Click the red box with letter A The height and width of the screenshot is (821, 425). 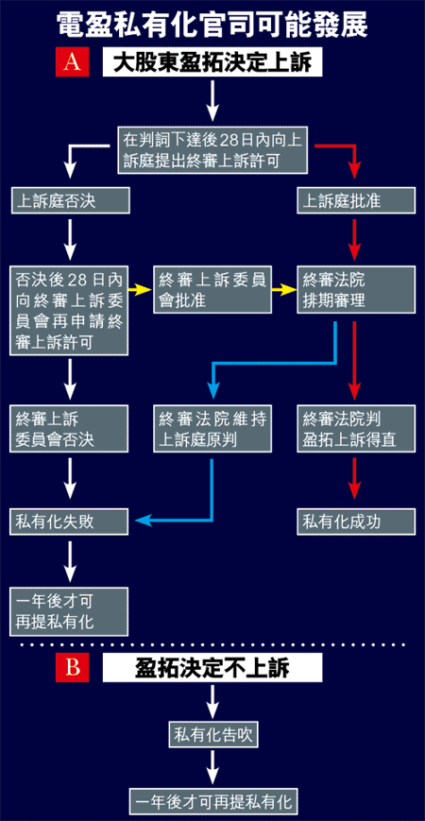[x=72, y=63]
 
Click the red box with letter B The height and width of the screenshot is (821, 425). [x=72, y=668]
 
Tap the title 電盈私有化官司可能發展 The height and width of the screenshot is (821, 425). [x=212, y=24]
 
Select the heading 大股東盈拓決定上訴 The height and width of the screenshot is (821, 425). [x=212, y=63]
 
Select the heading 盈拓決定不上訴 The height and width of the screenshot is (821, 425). [x=212, y=668]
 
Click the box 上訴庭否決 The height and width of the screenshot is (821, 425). [x=70, y=200]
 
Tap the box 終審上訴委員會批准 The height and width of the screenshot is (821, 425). [x=212, y=289]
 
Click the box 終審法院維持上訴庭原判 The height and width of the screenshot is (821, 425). [x=212, y=429]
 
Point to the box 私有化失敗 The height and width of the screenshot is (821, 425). [x=70, y=522]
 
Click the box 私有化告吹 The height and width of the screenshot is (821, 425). [x=212, y=734]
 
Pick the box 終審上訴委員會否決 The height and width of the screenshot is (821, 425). [x=70, y=429]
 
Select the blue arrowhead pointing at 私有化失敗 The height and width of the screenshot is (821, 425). [x=143, y=520]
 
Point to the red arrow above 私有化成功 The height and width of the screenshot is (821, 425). [x=355, y=478]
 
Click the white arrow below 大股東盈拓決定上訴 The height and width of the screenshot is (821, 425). [x=212, y=100]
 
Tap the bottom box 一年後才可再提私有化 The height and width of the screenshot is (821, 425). [x=212, y=801]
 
